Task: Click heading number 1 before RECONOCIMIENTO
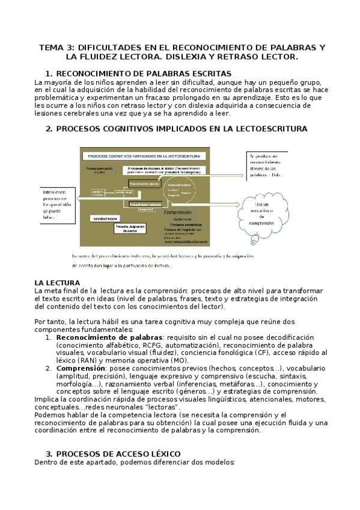click(49, 73)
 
